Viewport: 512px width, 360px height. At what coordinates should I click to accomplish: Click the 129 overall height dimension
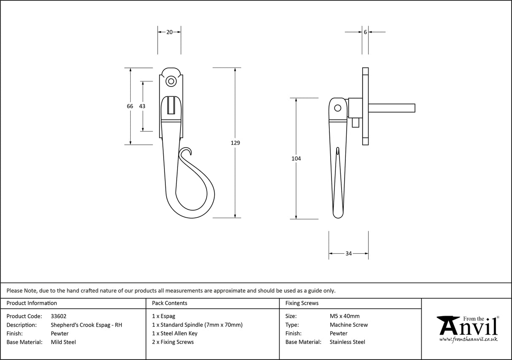[x=235, y=143]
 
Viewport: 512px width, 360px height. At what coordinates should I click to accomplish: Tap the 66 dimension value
[x=130, y=106]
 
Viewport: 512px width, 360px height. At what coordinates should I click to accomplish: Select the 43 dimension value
[x=142, y=106]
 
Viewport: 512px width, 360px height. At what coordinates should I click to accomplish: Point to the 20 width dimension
[x=169, y=32]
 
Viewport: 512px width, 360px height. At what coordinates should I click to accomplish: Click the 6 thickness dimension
[x=365, y=32]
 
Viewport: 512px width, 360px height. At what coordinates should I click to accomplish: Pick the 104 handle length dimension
[x=296, y=159]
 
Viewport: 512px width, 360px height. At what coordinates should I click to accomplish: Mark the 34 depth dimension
[x=348, y=254]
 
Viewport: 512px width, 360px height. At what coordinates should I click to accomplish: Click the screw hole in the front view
[x=171, y=81]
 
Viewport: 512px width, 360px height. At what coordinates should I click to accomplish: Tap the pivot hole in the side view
[x=337, y=108]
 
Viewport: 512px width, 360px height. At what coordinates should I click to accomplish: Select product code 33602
[x=58, y=316]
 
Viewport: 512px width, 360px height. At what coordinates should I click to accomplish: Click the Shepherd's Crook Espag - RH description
[x=86, y=325]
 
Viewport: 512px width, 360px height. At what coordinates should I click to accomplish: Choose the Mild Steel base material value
[x=63, y=342]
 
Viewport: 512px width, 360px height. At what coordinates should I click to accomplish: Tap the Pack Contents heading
[x=170, y=303]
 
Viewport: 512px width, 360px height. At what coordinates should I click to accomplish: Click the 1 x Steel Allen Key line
[x=175, y=333]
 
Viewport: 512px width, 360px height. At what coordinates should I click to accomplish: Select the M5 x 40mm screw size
[x=345, y=316]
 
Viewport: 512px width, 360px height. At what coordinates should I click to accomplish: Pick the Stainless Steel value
[x=347, y=342]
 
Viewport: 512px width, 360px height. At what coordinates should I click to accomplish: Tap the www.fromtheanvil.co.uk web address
[x=468, y=339]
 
